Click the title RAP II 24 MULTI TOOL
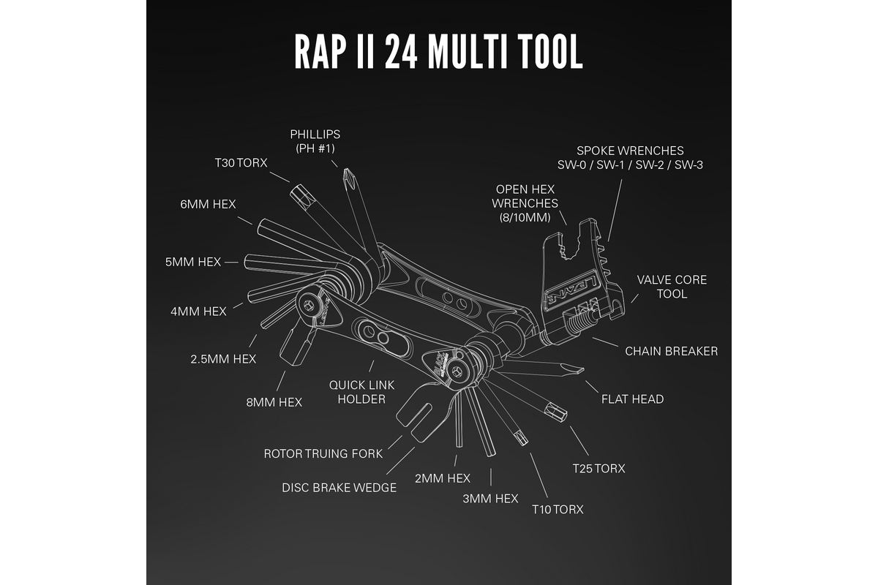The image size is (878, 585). (438, 50)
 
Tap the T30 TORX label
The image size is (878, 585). (241, 163)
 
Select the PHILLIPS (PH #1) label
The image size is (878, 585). (315, 141)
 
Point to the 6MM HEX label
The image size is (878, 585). (209, 204)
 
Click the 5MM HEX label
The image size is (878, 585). (194, 262)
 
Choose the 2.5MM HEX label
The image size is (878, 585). (223, 359)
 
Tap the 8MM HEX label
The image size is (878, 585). (274, 401)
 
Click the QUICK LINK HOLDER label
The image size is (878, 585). (357, 392)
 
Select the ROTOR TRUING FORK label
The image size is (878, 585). (323, 454)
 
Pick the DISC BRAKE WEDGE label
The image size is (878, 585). (339, 488)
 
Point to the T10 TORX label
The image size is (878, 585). (558, 509)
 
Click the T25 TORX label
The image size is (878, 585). (599, 468)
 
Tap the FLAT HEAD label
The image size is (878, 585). (632, 399)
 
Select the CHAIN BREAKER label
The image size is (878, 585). (671, 351)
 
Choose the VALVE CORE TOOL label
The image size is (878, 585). (672, 287)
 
